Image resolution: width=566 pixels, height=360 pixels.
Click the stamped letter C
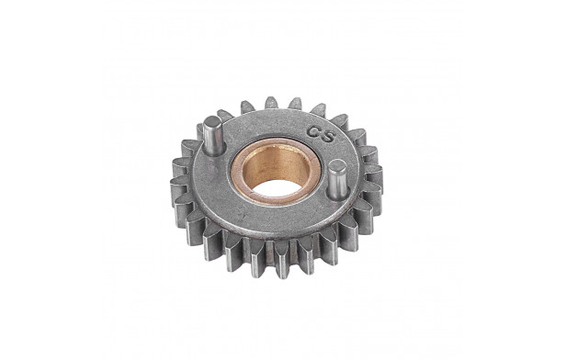[313, 130]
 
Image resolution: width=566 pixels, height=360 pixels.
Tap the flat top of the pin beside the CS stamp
[337, 166]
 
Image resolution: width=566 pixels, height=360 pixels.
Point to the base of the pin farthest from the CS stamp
[214, 152]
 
